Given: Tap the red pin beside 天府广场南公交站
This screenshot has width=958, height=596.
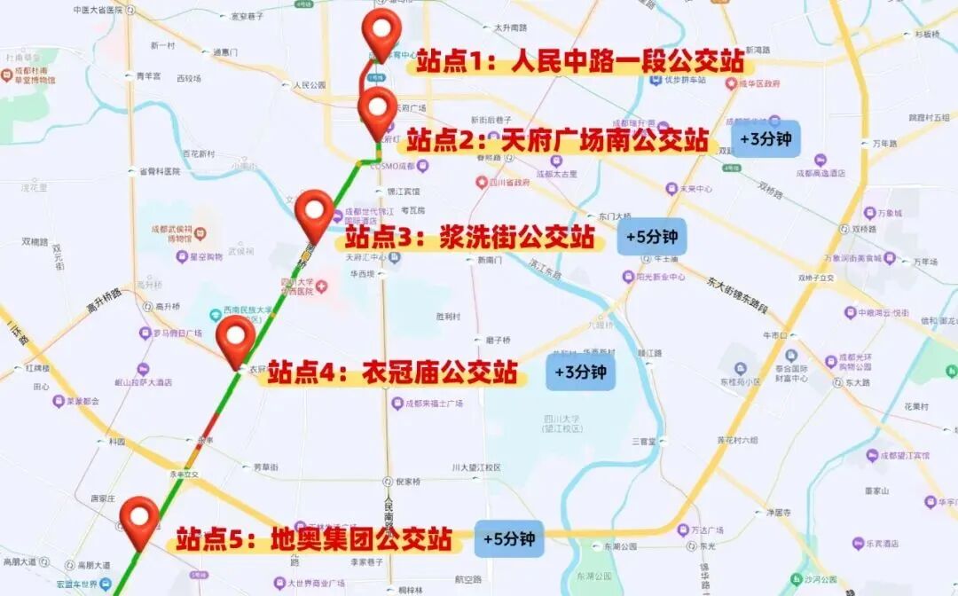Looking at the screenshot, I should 379,109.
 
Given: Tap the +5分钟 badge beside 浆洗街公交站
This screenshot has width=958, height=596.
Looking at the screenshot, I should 652,237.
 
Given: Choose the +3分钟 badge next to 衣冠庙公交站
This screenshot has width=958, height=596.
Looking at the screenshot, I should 580,372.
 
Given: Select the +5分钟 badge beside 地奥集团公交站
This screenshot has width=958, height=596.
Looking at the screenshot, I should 508,538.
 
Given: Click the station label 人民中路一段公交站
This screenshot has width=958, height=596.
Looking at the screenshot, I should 581,62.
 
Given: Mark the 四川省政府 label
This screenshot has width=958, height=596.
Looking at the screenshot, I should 509,183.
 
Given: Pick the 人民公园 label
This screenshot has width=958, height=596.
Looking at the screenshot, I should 310,85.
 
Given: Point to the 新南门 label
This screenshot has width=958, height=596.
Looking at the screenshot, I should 490,260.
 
